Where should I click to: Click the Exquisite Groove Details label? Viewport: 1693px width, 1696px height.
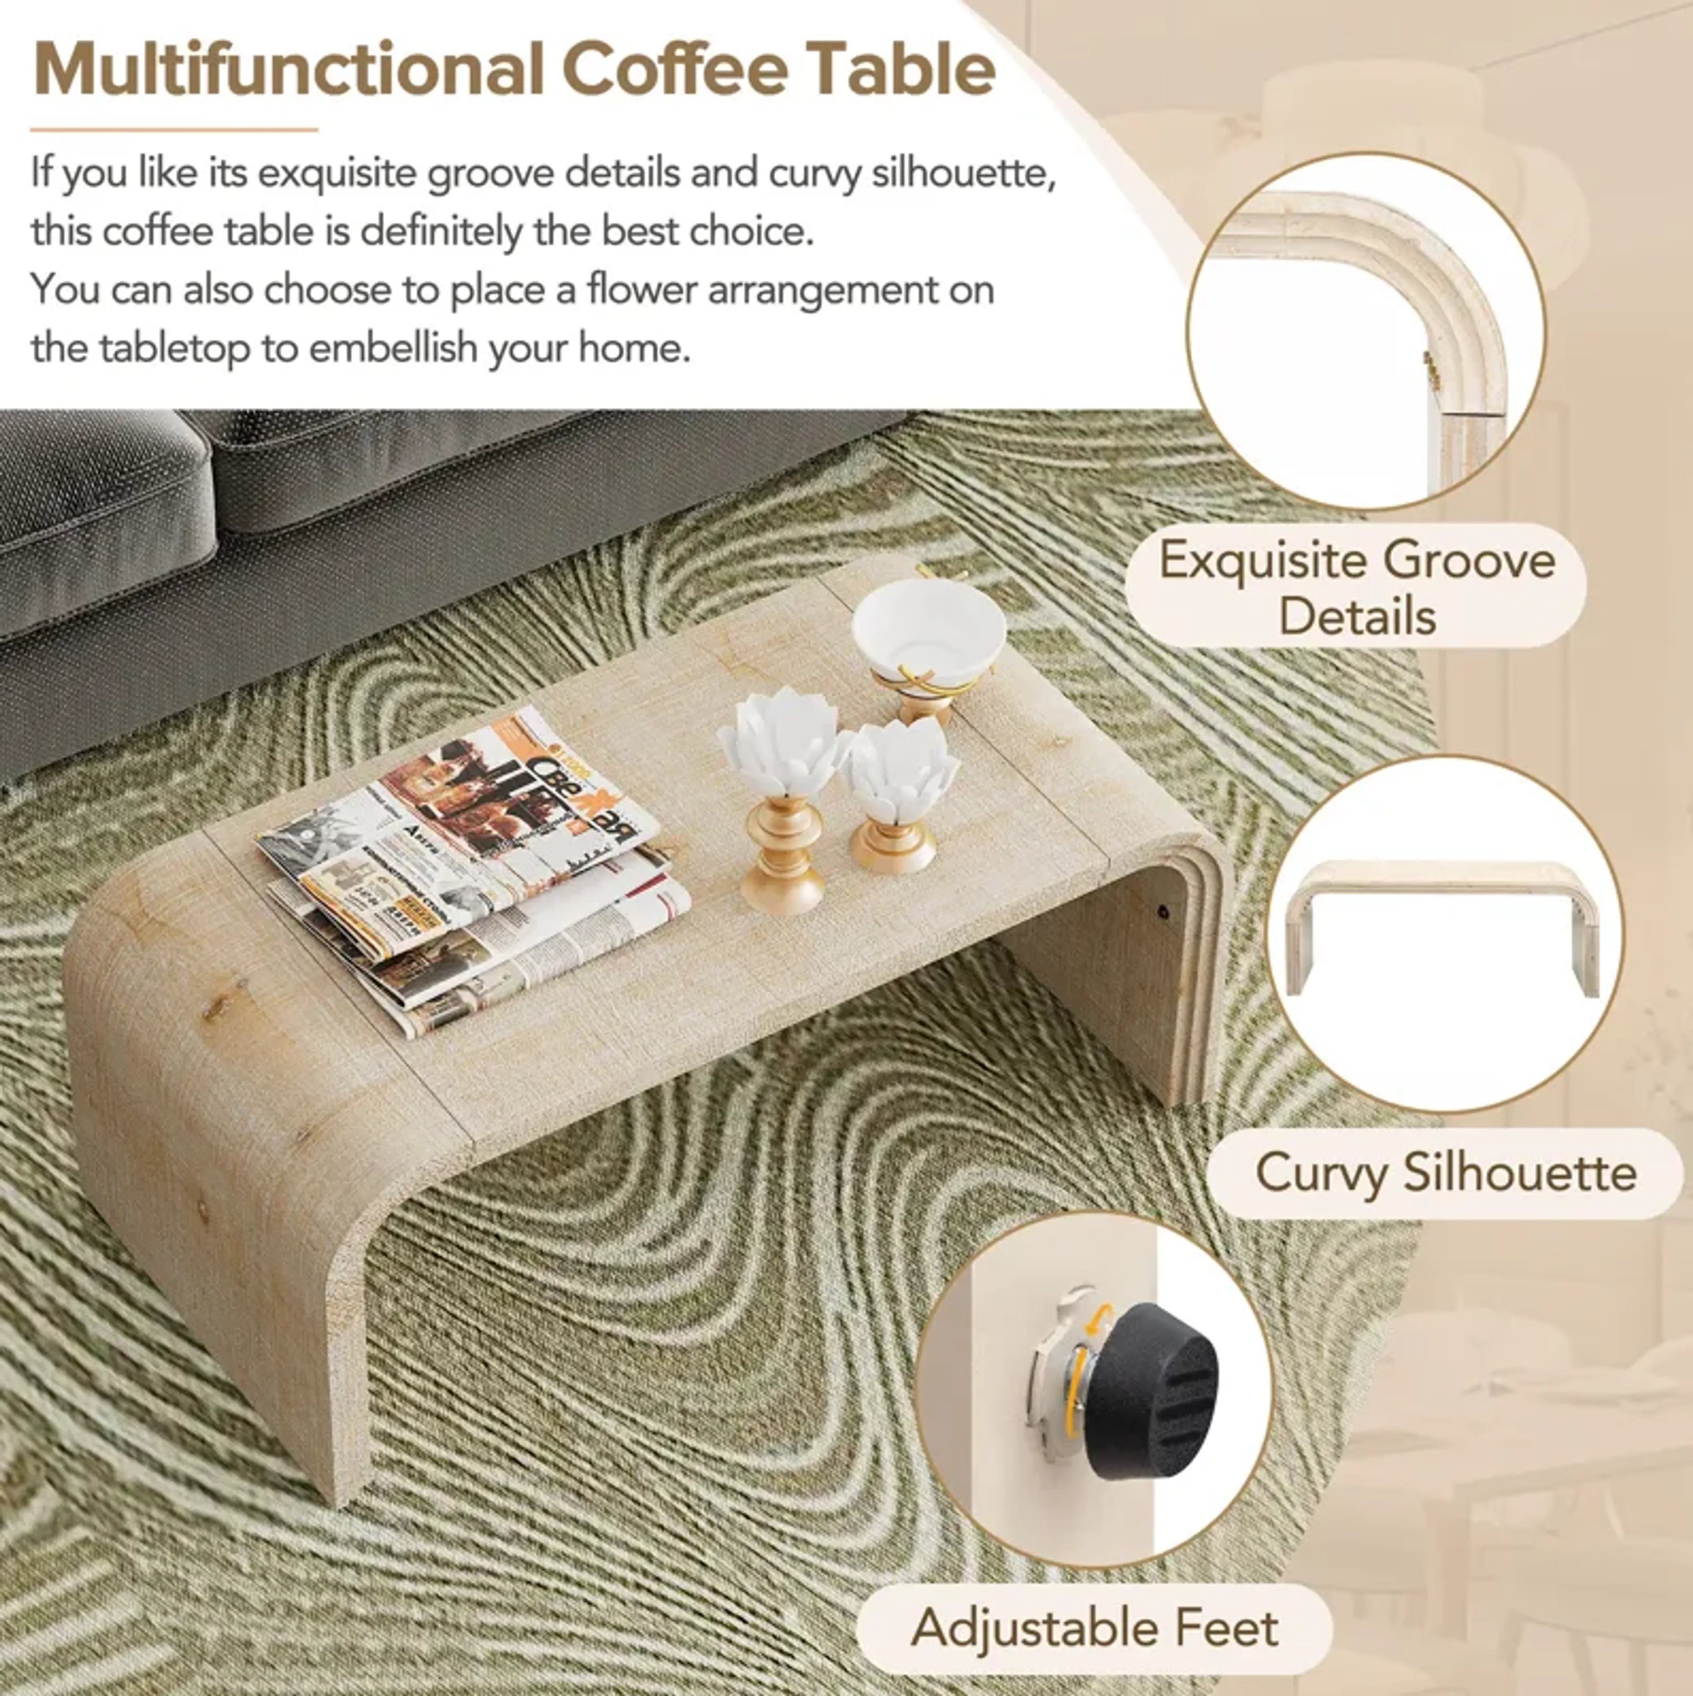tap(1356, 586)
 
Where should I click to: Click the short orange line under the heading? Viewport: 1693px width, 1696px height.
tap(174, 130)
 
